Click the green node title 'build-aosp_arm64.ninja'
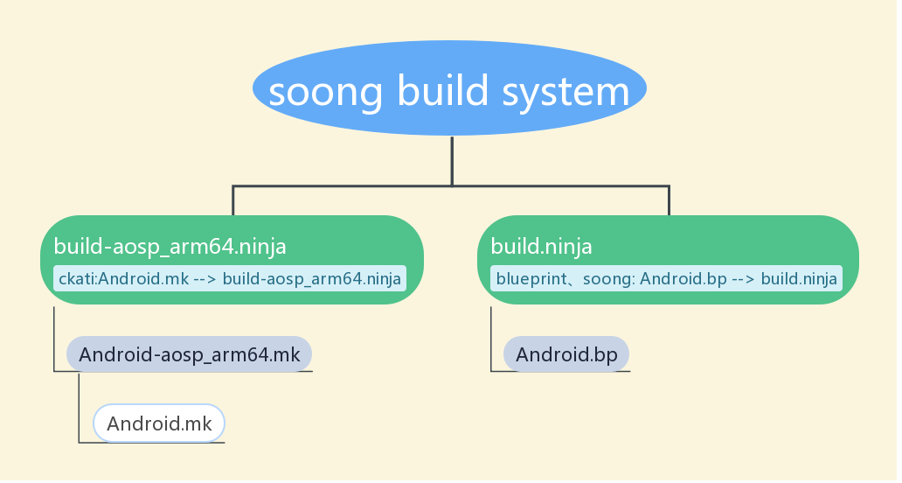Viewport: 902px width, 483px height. (170, 247)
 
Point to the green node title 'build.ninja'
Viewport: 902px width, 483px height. (542, 247)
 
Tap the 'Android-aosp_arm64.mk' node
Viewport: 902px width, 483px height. (190, 354)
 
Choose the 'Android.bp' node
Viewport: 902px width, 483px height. (566, 354)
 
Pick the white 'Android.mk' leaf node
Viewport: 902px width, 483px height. (159, 424)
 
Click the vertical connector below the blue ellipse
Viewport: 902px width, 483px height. (452, 160)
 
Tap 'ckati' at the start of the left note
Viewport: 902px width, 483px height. (76, 279)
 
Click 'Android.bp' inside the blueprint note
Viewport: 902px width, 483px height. (684, 279)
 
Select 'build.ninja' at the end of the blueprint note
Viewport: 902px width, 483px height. (800, 279)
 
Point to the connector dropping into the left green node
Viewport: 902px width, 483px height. (233, 200)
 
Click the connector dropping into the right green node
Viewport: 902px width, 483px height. (669, 200)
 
